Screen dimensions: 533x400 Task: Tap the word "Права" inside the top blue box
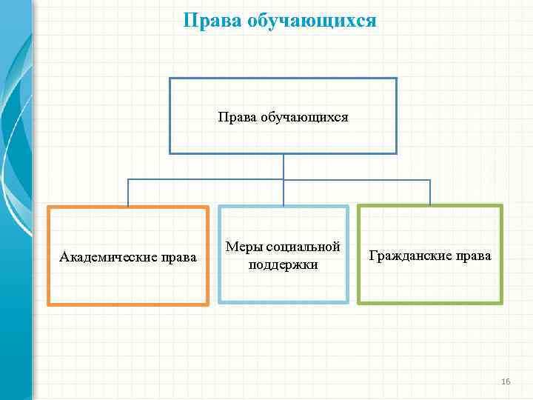tap(236, 117)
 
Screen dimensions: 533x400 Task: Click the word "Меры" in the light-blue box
tap(241, 247)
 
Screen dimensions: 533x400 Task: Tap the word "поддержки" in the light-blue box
tap(284, 264)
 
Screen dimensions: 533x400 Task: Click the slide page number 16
tap(506, 381)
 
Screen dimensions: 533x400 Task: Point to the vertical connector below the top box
tap(284, 166)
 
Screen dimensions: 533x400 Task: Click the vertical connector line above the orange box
tap(128, 193)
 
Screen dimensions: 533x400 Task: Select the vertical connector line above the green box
tap(430, 193)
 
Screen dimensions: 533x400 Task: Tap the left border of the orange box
tap(49, 256)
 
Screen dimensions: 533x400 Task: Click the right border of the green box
tap(501, 255)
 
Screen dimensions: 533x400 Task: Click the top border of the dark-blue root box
tap(284, 79)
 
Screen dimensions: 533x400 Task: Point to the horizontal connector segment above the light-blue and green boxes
tap(355, 180)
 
